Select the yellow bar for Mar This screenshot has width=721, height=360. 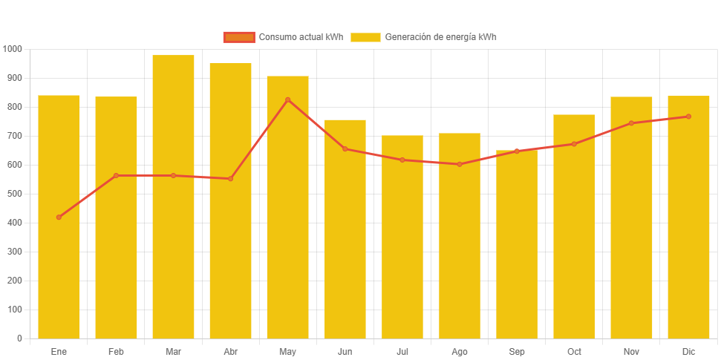coord(173,197)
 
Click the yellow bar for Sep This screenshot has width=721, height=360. coord(517,245)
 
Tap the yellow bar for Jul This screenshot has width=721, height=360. coord(402,238)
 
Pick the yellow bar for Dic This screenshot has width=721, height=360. coord(688,217)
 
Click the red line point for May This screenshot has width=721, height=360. coord(288,99)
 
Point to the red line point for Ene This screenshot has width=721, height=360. coord(59,217)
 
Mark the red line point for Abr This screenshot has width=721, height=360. coord(230,179)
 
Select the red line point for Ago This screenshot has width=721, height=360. coord(460,164)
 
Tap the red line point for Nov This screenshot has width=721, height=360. coord(631,123)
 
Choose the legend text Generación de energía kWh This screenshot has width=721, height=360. coord(440,37)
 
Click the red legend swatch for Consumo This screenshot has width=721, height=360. coord(238,37)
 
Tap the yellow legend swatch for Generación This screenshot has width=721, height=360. coord(365,37)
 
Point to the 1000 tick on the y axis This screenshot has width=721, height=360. coord(13,49)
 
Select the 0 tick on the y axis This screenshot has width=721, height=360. coord(19,338)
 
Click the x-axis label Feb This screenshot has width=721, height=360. coord(116,351)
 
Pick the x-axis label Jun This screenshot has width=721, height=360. coord(345,351)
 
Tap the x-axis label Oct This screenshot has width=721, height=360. coord(574,351)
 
